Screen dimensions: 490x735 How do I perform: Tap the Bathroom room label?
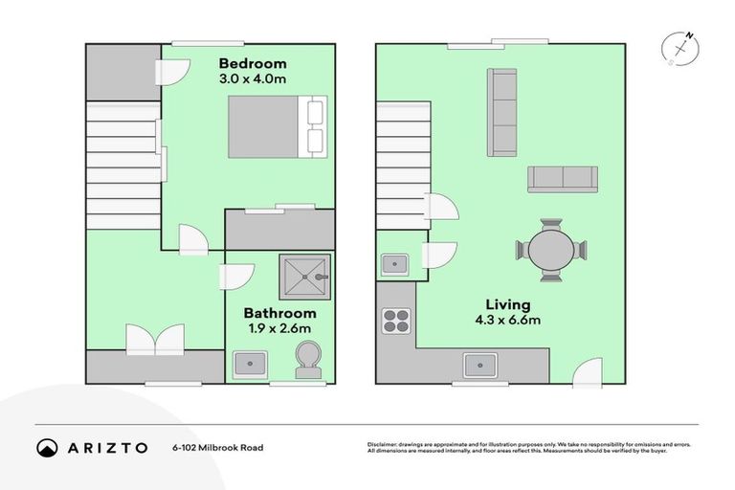[279, 313]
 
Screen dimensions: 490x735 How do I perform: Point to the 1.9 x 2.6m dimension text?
[279, 329]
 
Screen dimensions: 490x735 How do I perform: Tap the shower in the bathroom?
[304, 278]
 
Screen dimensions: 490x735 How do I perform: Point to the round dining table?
[549, 251]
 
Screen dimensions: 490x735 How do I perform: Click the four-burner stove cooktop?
[396, 321]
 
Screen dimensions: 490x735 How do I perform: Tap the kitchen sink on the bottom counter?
[479, 365]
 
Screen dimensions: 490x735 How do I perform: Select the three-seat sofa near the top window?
[502, 112]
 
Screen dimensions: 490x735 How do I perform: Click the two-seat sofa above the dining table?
[563, 178]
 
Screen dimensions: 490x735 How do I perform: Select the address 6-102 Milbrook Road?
[217, 448]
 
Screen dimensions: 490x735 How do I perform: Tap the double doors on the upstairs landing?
[154, 338]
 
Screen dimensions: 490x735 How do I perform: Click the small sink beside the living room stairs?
[394, 263]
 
